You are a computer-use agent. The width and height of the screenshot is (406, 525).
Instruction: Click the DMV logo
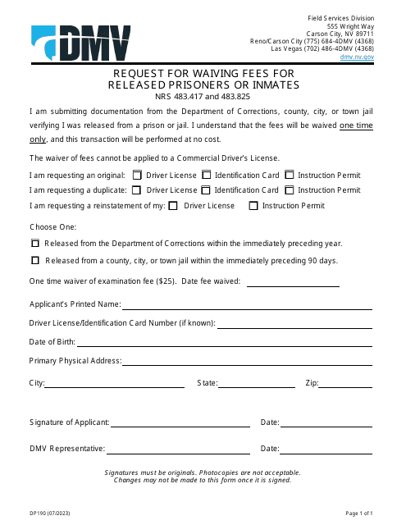tap(81, 43)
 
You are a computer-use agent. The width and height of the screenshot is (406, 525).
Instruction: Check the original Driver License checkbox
tap(138, 175)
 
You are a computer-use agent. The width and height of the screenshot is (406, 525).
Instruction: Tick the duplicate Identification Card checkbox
tap(207, 189)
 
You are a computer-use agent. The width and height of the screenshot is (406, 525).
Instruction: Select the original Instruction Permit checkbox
tap(289, 175)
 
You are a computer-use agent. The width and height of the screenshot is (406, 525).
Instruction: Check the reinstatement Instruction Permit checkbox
tap(253, 206)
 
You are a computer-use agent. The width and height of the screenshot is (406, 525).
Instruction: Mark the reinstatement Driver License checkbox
tap(173, 206)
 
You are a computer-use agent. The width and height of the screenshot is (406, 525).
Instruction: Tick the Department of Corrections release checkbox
tap(35, 244)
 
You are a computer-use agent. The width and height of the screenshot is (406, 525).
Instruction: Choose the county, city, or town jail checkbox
tap(35, 261)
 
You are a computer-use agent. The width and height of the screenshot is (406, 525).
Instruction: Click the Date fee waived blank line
tap(293, 284)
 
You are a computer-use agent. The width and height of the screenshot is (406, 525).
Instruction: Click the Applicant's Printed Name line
tap(247, 307)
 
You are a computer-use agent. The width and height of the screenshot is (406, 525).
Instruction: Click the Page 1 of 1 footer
tap(358, 513)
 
